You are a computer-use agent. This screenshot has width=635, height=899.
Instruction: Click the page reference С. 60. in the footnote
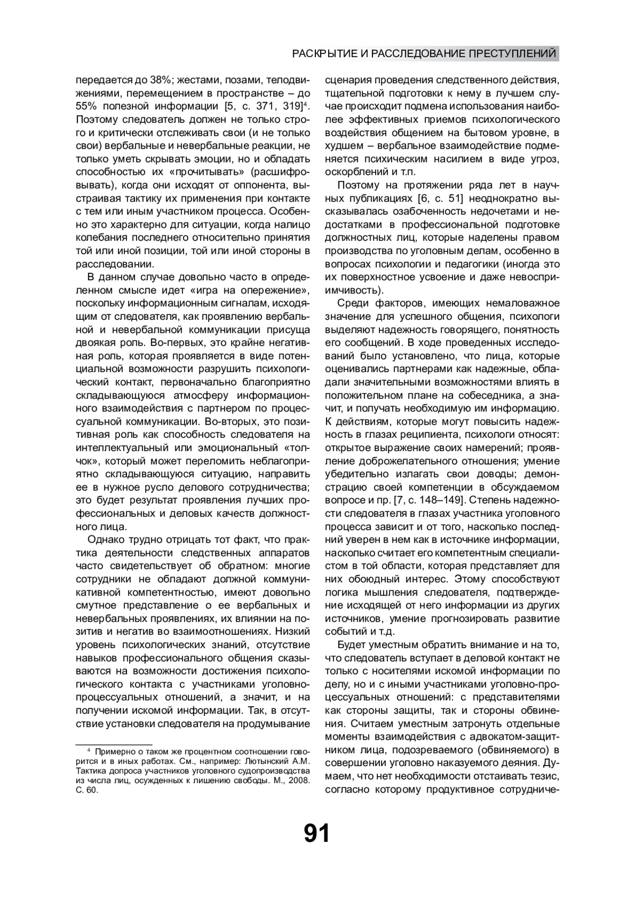click(87, 790)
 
